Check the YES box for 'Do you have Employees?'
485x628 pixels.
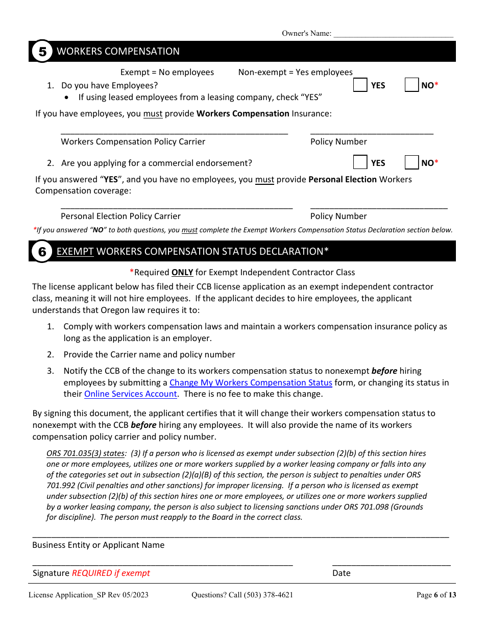pyautogui.click(x=360, y=85)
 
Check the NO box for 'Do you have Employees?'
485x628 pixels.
pyautogui.click(x=411, y=85)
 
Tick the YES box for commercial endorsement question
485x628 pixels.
pyautogui.click(x=360, y=163)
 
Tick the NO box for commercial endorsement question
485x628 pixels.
pyautogui.click(x=411, y=163)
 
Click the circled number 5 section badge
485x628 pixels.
pyautogui.click(x=42, y=52)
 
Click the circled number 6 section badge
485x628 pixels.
pyautogui.click(x=42, y=252)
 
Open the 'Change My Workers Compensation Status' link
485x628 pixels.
pyautogui.click(x=251, y=382)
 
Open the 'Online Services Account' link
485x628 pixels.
pyautogui.click(x=130, y=394)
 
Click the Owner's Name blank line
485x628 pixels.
pyautogui.click(x=393, y=35)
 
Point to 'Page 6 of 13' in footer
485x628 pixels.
pyautogui.click(x=436, y=595)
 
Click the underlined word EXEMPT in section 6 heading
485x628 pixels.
pyautogui.click(x=75, y=252)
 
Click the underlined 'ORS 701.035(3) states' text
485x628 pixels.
pyautogui.click(x=85, y=453)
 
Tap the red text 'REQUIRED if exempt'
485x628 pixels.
pyautogui.click(x=111, y=573)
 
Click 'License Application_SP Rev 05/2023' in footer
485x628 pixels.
pyautogui.click(x=88, y=595)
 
